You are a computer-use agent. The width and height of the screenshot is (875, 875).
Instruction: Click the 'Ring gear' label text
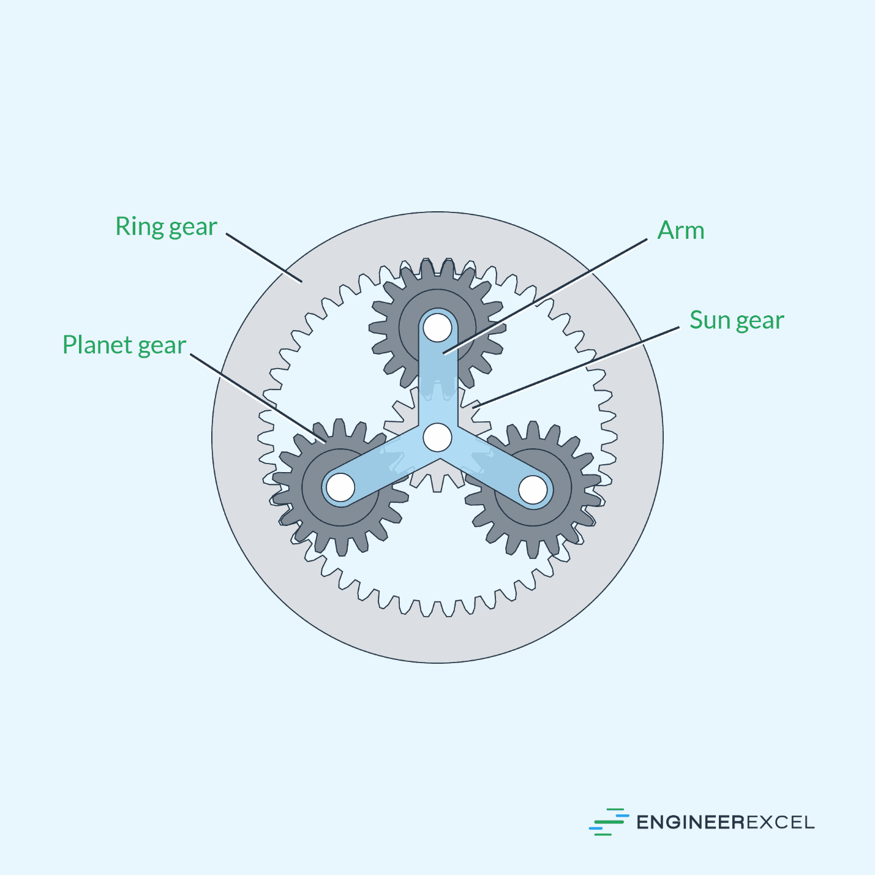coord(166,227)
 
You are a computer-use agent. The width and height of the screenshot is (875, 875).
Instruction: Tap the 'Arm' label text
coord(680,231)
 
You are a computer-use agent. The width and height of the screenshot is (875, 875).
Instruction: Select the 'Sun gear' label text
coord(736,320)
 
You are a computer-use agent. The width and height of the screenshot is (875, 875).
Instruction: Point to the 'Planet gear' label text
coord(124,345)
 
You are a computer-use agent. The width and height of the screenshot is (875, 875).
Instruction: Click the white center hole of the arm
coord(438,437)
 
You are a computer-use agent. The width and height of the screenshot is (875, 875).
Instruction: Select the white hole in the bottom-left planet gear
coord(340,487)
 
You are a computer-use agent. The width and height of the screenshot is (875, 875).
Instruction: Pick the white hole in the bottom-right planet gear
coord(533,489)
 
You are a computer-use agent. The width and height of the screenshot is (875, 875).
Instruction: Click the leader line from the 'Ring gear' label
coord(263,257)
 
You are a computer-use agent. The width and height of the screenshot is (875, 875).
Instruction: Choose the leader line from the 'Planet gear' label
coord(257,398)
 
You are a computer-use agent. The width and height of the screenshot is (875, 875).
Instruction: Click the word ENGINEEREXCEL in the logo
coord(725,822)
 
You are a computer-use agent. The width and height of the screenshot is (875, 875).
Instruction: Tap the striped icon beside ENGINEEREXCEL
coord(609,822)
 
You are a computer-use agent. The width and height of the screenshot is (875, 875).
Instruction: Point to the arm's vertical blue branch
coord(438,380)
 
